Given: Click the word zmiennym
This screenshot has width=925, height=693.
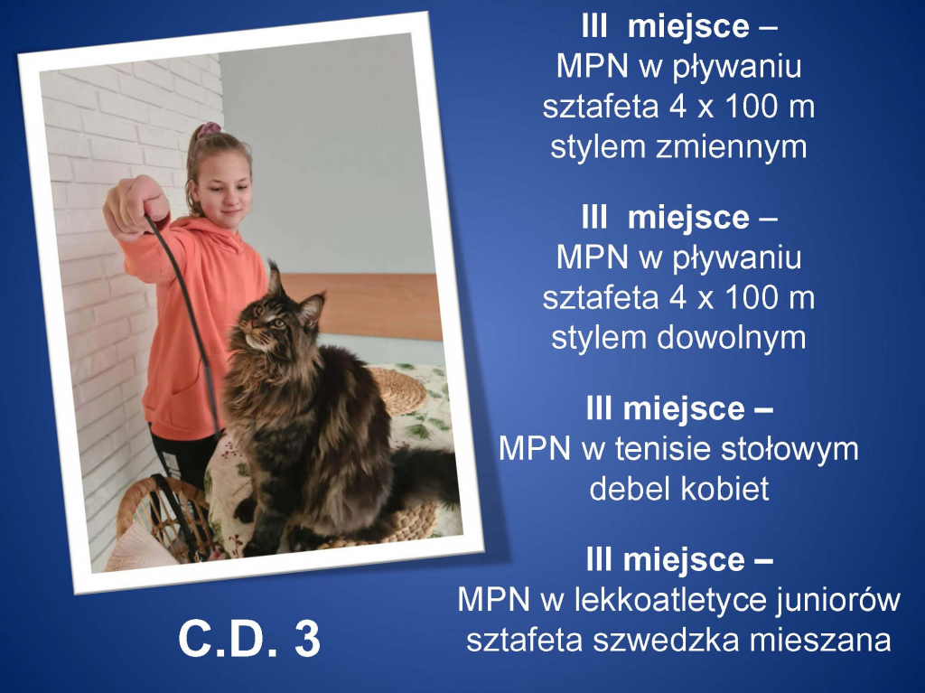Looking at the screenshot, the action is pos(732,147).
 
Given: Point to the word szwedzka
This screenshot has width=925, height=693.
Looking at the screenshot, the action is pos(666,640).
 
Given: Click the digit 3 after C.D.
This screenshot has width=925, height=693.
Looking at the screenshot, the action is pos(307,638).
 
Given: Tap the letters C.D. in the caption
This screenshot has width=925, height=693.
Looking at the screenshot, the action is pos(227,638).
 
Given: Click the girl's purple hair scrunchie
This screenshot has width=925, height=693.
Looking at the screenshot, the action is pos(208,129).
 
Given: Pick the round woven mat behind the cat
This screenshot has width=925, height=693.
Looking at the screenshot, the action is pos(397,389).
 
